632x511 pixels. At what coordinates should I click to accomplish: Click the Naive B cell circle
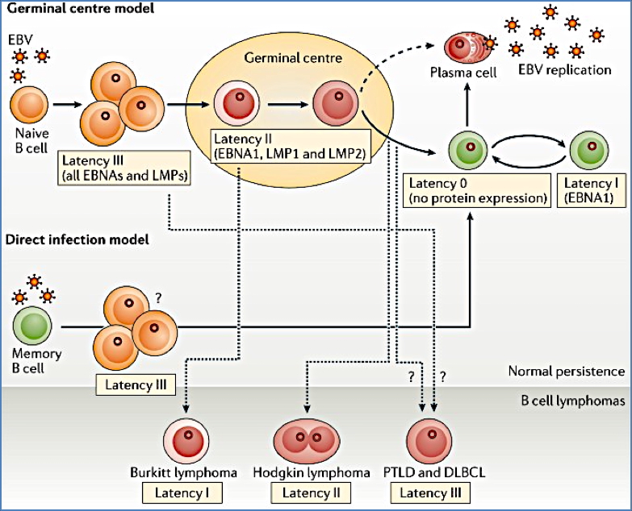pyautogui.click(x=29, y=106)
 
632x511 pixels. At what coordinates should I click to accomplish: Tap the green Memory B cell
pyautogui.click(x=31, y=326)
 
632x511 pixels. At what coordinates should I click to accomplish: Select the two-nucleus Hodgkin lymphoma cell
pyautogui.click(x=307, y=441)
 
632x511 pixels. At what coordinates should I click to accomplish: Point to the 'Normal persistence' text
pyautogui.click(x=566, y=371)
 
